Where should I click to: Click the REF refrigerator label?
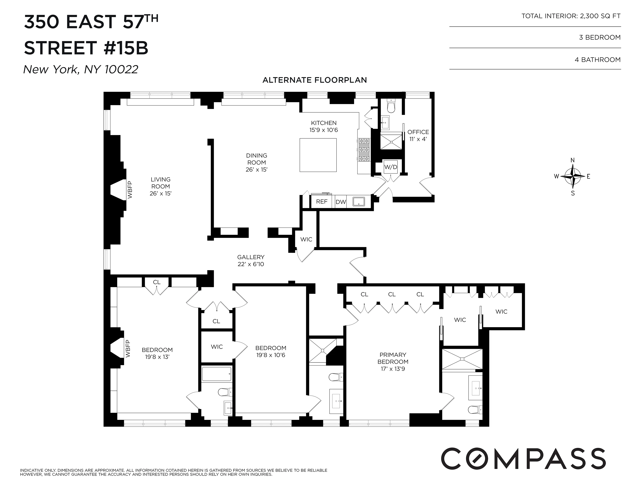coord(322,202)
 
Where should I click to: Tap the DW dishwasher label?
coord(341,202)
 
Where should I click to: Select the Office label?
coord(418,132)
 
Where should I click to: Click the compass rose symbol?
coord(573,176)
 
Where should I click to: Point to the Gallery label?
coord(251,257)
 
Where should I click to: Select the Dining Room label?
coord(256,159)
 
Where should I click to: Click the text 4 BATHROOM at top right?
coord(597,60)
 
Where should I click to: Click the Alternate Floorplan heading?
coord(314,80)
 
